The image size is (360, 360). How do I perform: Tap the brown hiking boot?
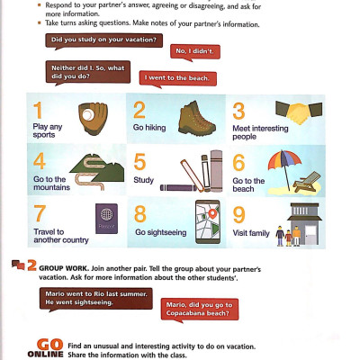193,117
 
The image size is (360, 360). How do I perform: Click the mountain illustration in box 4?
89,166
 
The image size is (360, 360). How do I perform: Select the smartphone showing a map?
209,220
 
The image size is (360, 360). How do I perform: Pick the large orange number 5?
139,162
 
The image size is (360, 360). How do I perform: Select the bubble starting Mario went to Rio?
85,298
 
